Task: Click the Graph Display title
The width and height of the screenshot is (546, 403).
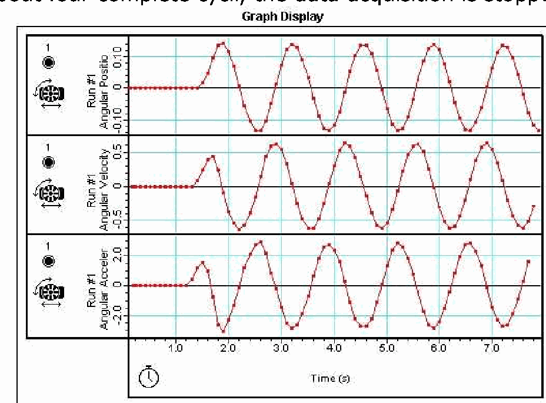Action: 282,17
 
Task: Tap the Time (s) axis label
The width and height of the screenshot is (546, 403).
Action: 330,378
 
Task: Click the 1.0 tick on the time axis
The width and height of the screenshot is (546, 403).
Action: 176,348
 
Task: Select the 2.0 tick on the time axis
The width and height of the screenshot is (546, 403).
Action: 228,348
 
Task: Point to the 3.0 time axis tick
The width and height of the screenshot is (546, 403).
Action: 281,348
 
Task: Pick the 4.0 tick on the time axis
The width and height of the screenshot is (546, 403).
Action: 334,348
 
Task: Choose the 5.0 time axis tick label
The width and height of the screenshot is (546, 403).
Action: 386,348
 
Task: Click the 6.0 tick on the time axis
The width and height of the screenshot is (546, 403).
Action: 439,348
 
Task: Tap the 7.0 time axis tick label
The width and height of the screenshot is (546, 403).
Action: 491,348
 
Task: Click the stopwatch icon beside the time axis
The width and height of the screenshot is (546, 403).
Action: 148,375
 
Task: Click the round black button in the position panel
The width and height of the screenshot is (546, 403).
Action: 49,62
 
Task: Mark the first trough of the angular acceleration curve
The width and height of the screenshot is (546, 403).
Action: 223,331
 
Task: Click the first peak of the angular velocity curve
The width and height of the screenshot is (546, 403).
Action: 212,157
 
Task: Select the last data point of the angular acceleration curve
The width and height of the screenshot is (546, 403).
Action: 528,261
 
